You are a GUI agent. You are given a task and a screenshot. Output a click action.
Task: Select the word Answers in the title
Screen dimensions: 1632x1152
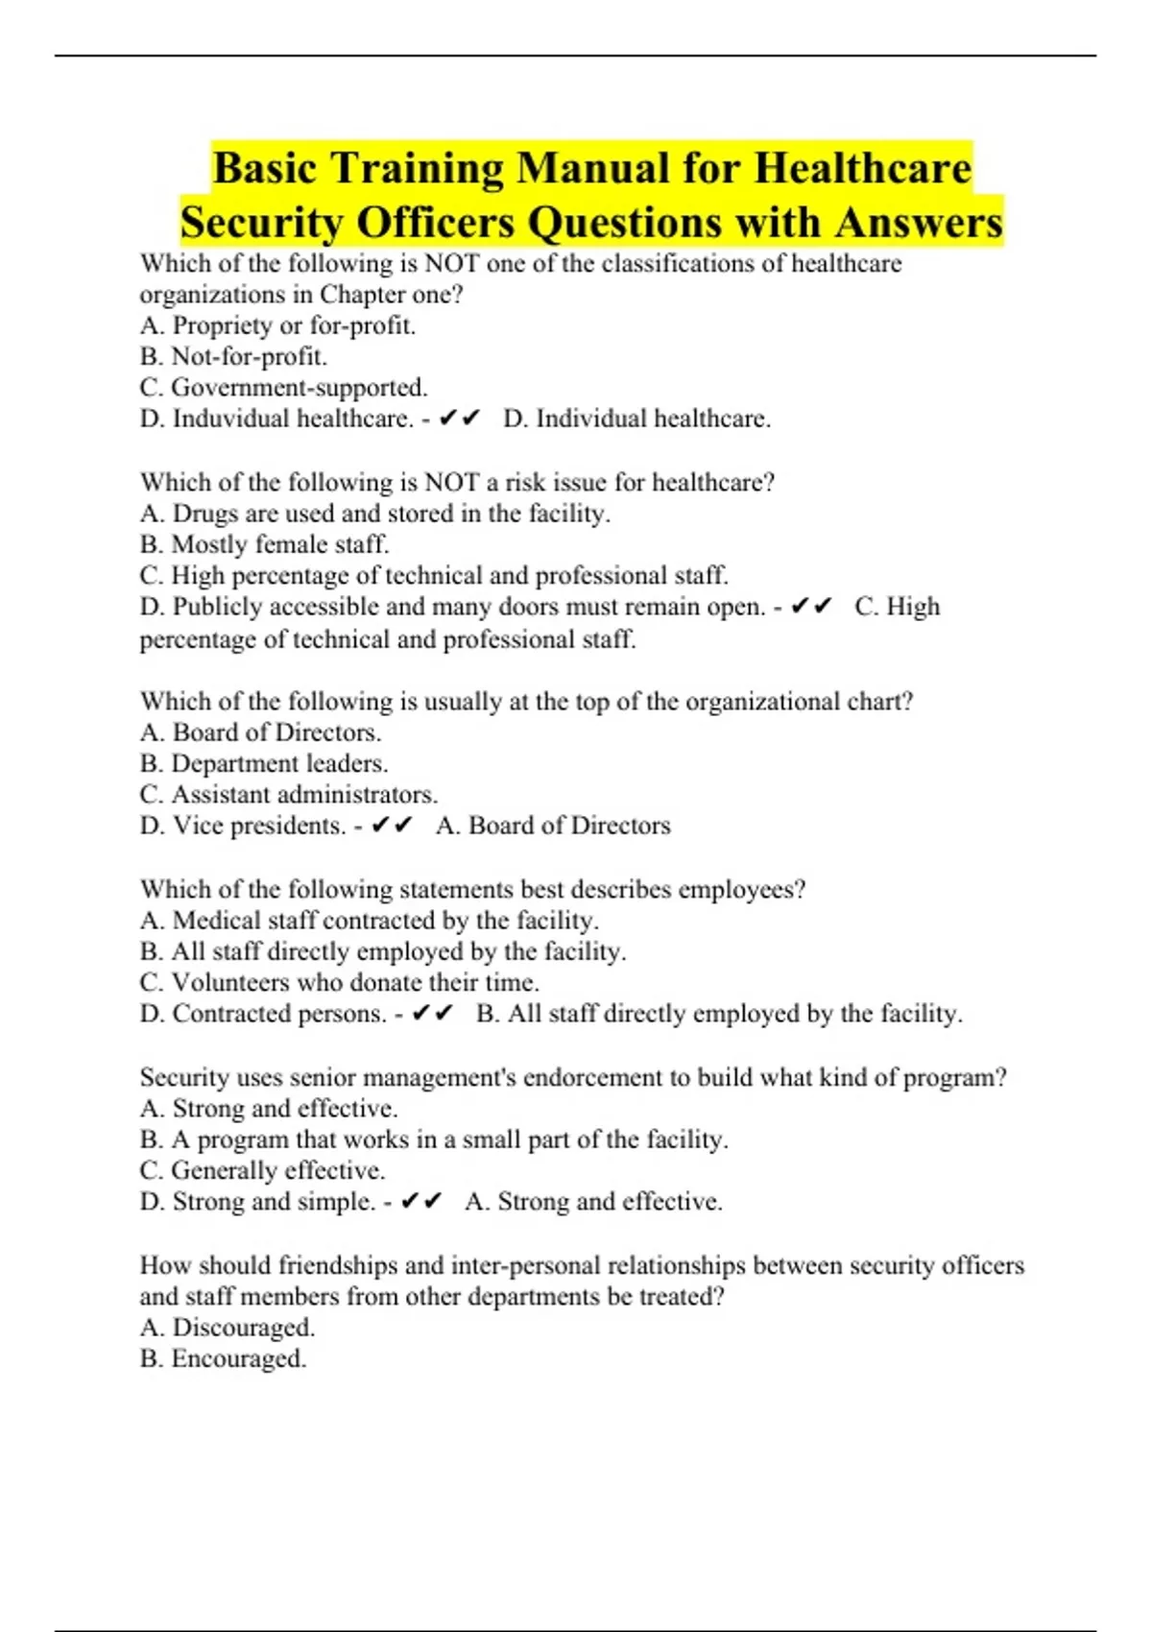tap(918, 223)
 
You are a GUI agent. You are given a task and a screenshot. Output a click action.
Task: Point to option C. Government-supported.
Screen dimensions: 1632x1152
tap(283, 388)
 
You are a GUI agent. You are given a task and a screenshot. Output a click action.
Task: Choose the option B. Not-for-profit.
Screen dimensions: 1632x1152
tap(233, 357)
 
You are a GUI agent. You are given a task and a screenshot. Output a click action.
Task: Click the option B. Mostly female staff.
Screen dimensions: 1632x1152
tap(264, 544)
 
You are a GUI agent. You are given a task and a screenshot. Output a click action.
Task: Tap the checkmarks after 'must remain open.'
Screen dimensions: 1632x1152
tap(811, 607)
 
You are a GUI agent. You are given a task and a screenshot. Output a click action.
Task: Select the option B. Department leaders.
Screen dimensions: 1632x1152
tap(264, 764)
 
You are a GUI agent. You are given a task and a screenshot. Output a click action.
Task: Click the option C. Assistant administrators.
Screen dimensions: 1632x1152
tap(288, 795)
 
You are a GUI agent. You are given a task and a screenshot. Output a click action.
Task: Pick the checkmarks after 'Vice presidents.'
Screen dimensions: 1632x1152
tap(392, 826)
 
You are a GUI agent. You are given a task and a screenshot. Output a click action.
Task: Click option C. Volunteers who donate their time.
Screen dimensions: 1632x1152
tap(339, 983)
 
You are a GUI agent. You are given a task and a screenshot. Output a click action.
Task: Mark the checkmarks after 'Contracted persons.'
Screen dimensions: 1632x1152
tap(432, 1014)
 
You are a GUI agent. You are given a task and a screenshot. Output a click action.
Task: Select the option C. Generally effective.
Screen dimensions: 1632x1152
tap(262, 1171)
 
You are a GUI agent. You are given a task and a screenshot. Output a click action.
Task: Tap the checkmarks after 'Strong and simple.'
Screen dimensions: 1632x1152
tap(420, 1202)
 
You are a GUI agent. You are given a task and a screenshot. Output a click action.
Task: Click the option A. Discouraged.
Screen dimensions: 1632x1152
tap(228, 1328)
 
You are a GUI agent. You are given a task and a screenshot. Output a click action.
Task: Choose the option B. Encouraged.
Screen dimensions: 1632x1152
tap(223, 1359)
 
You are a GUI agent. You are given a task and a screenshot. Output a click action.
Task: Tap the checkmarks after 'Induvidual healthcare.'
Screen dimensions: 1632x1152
tap(459, 419)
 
